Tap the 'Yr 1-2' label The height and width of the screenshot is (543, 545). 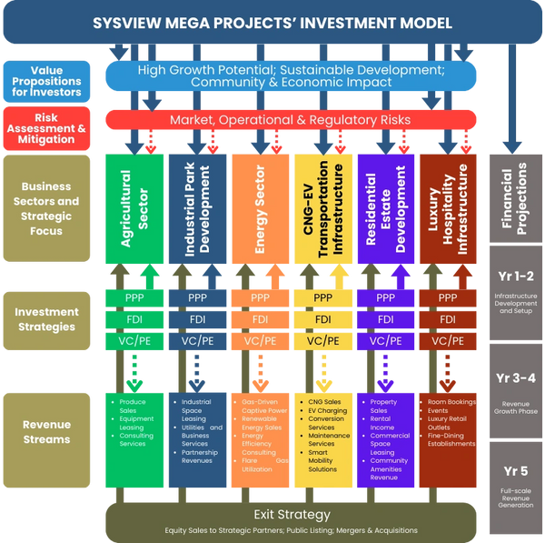[514, 277]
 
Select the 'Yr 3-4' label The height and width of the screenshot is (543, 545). [514, 378]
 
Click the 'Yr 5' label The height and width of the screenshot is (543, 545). [514, 471]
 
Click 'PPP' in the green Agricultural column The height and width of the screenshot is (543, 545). [134, 297]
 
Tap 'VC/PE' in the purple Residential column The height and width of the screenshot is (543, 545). [385, 340]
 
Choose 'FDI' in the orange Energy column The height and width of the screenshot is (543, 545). [260, 319]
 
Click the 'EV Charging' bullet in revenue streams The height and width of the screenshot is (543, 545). [327, 411]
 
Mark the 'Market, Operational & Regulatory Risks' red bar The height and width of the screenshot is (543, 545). [291, 120]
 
